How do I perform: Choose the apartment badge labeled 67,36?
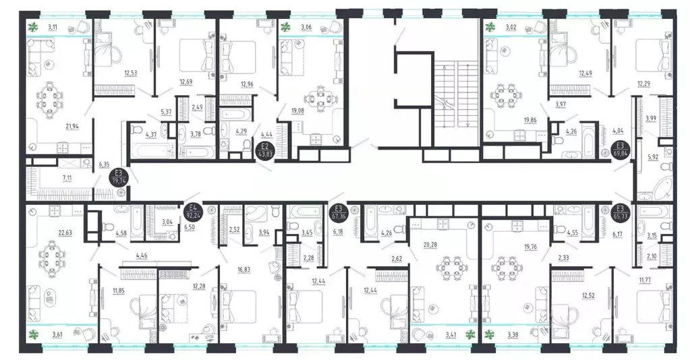pyautogui.click(x=339, y=212)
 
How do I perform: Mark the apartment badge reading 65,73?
pyautogui.click(x=620, y=212)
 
